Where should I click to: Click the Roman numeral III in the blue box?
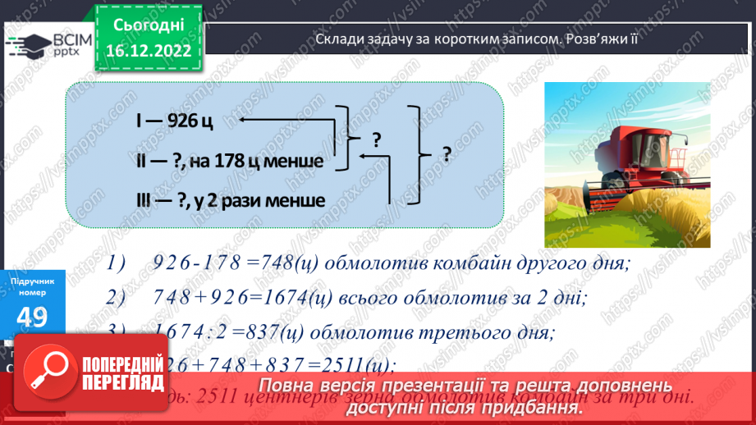point(145,199)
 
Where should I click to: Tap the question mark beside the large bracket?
point(447,153)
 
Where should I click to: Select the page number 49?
point(31,316)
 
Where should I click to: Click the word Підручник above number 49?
point(31,281)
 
